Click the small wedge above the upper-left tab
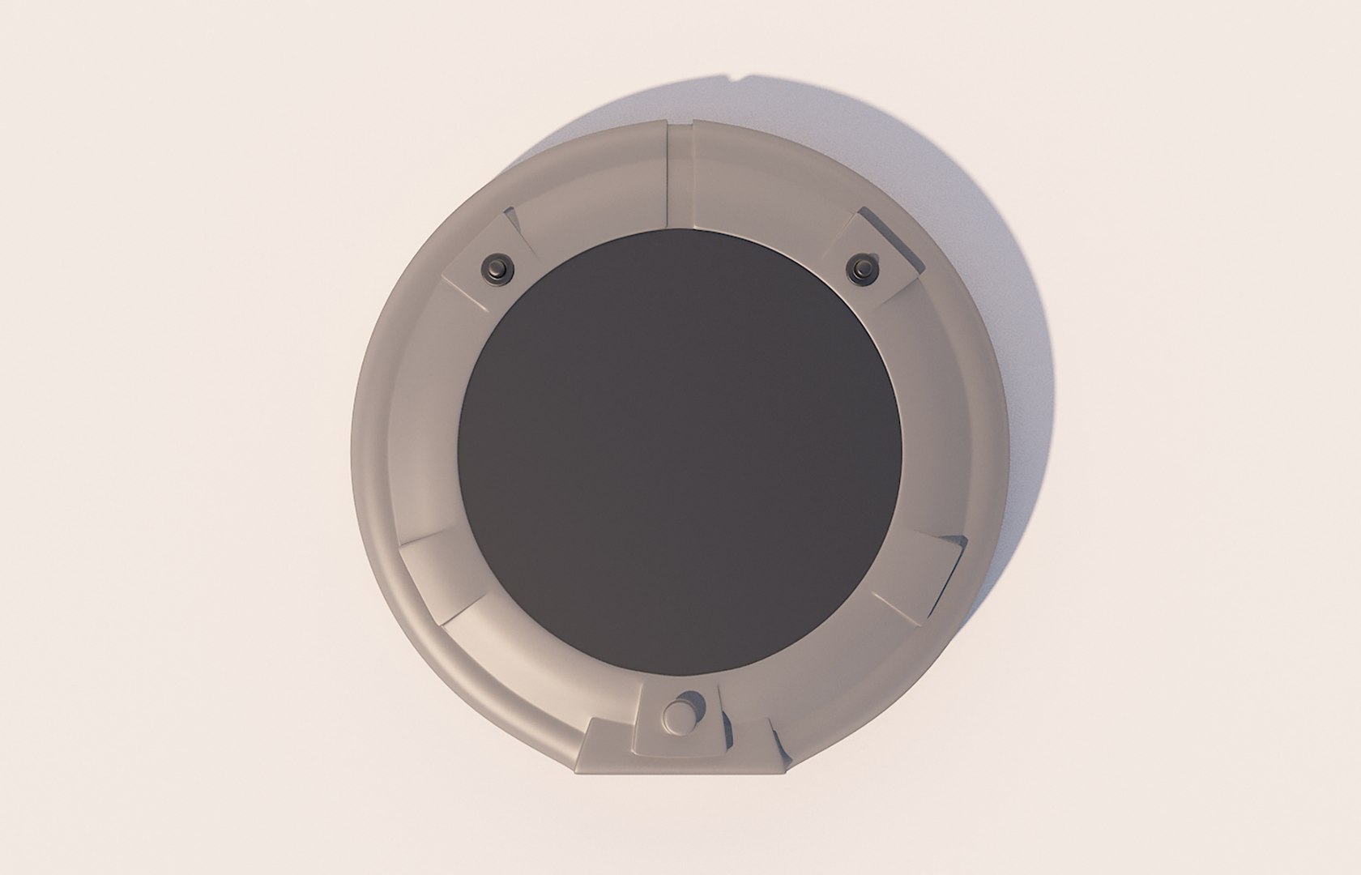(x=510, y=221)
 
